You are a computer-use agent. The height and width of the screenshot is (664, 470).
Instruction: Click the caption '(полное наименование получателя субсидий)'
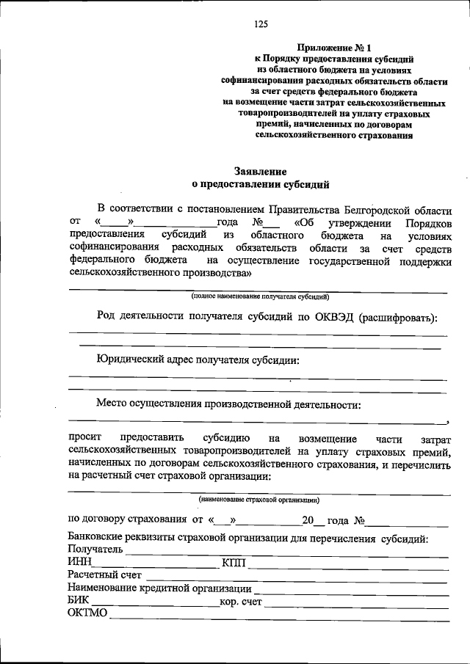pos(260,297)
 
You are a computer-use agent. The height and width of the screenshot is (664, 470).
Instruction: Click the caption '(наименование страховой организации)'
pos(258,500)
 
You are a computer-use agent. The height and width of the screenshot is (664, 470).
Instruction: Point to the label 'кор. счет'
pos(241,602)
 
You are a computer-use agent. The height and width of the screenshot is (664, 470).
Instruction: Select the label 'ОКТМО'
pos(87,614)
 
